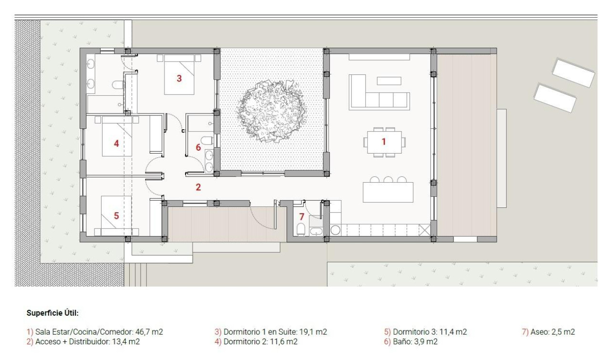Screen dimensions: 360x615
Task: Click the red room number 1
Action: point(383,142)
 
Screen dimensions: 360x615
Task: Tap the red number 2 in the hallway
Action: point(198,187)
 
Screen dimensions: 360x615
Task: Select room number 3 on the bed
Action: point(179,79)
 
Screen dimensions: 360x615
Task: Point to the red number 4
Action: point(116,143)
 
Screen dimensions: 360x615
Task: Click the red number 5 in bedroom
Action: point(116,216)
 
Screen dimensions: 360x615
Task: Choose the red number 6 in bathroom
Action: point(198,147)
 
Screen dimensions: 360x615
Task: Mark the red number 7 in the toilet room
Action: point(301,216)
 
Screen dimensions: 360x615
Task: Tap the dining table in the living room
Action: point(384,142)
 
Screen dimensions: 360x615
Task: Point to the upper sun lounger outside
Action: point(574,72)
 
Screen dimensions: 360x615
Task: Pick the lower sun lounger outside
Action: point(555,98)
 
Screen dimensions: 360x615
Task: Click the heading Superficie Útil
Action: point(52,313)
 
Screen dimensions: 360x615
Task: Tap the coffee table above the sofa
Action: point(389,81)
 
